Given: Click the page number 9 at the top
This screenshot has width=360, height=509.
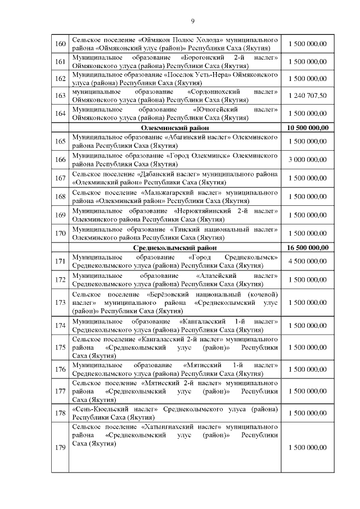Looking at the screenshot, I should (x=192, y=21).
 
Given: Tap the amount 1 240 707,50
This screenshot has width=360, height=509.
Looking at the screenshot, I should (x=307, y=96).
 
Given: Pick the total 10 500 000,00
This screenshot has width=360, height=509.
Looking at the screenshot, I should (x=307, y=128).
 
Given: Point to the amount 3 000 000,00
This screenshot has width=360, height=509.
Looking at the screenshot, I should (x=307, y=160).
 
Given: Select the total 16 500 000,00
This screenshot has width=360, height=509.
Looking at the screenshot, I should (x=307, y=248).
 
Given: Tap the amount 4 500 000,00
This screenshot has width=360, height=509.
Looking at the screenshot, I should (x=307, y=262).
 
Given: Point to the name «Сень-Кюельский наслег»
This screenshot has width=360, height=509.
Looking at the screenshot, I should (x=115, y=409).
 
